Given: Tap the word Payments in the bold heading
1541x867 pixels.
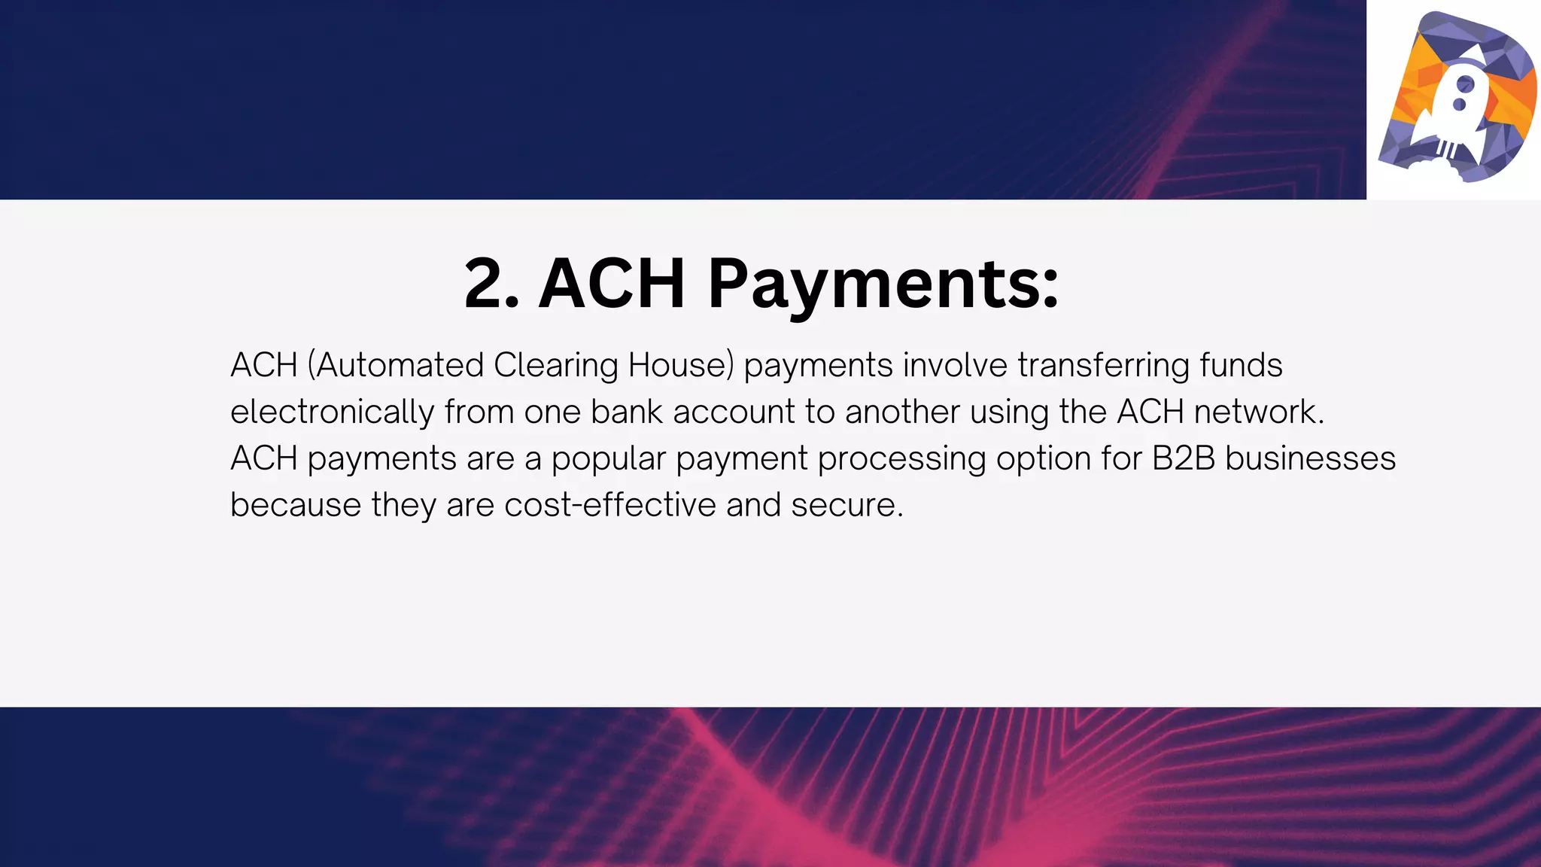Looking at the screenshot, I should click(x=883, y=285).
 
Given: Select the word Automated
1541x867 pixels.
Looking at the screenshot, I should click(x=399, y=366).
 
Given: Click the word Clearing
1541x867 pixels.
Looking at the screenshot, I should click(x=556, y=366).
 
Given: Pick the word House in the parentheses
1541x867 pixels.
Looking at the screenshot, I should click(x=677, y=366).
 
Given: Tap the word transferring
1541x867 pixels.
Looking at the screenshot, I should click(x=1103, y=366).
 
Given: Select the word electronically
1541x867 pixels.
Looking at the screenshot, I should click(x=332, y=412).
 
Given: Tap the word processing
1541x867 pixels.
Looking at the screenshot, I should click(x=901, y=460).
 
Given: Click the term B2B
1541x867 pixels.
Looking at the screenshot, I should click(x=1184, y=459).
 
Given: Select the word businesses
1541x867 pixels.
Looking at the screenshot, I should click(x=1310, y=459).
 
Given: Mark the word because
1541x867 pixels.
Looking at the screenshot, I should click(x=296, y=506).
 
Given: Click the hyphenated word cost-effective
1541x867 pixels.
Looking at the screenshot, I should click(x=610, y=506).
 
